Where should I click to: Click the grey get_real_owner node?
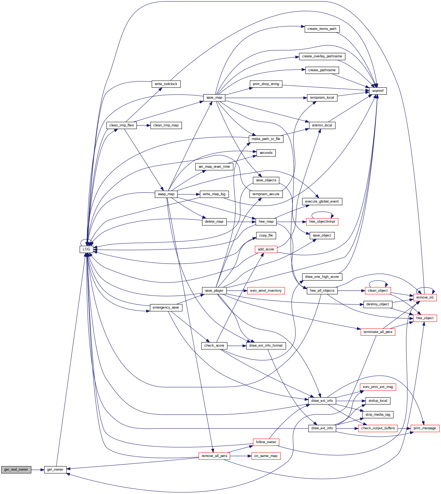point(16,470)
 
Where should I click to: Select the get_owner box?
point(55,470)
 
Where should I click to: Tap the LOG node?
point(86,249)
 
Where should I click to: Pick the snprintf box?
point(378,91)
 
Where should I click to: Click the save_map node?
point(214,98)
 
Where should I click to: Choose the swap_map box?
point(166,194)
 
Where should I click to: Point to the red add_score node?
point(266,249)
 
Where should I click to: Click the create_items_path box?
point(322,29)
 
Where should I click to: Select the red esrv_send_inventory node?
point(266,291)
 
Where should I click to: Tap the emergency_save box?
point(166,307)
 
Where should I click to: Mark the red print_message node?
point(425,428)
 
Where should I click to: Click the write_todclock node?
point(166,84)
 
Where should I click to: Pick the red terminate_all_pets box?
point(378,332)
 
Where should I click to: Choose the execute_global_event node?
point(322,201)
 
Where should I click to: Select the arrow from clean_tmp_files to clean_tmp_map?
point(143,125)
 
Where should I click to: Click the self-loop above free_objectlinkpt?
point(322,213)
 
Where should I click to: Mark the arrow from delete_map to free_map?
point(241,222)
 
